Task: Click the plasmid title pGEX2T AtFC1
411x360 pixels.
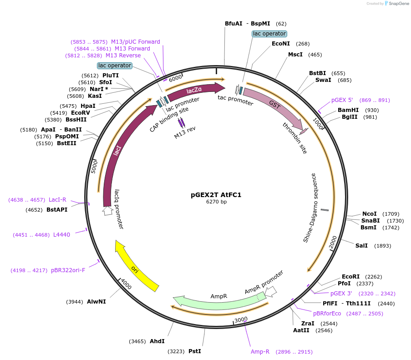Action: (216, 195)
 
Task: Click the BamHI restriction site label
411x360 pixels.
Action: (348, 110)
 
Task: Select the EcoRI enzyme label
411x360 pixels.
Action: (350, 276)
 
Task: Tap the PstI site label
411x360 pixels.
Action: (194, 351)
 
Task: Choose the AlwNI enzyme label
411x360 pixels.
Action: (96, 301)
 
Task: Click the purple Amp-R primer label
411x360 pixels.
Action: (260, 351)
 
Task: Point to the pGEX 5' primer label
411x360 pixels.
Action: (342, 100)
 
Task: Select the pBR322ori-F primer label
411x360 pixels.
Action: (68, 270)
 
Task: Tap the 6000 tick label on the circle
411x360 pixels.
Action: (175, 79)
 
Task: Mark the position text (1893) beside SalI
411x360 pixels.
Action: (382, 246)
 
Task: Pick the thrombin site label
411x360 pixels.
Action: (294, 137)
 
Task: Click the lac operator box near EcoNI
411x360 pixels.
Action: (269, 34)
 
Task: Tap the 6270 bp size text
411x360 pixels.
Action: (216, 202)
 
